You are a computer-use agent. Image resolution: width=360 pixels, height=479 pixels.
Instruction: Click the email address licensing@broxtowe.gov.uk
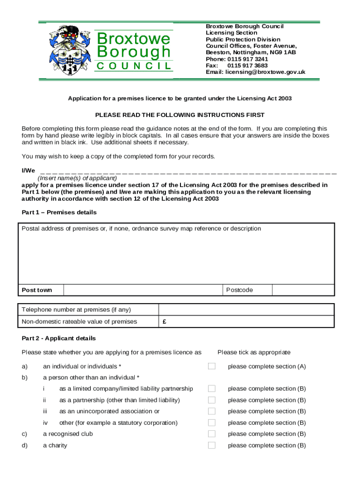coord(255,72)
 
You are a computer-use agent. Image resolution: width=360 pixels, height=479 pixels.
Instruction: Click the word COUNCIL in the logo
coord(134,66)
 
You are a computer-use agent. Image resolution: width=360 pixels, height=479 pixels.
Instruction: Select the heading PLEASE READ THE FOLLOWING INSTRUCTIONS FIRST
coord(180,115)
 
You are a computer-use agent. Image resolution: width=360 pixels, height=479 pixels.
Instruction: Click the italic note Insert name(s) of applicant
coord(77,178)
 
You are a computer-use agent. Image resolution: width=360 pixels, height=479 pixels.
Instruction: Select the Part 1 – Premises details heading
coord(59,212)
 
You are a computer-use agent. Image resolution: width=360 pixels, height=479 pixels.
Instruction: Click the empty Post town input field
coord(142,290)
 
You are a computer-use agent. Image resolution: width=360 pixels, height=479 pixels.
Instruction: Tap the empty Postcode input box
coord(303,290)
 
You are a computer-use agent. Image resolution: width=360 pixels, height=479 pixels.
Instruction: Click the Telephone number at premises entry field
coord(246,310)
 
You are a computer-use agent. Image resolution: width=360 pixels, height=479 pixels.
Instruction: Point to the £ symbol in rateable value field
coord(165,322)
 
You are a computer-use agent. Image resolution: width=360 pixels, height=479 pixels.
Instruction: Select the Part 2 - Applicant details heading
coord(59,338)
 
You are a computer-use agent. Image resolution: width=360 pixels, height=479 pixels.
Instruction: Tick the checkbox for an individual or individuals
coord(212,366)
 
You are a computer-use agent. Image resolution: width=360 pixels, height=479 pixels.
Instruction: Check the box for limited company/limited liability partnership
coord(212,389)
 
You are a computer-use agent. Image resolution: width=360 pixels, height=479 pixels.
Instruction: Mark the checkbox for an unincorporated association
coord(212,411)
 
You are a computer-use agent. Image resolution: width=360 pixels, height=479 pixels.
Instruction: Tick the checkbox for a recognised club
coord(212,434)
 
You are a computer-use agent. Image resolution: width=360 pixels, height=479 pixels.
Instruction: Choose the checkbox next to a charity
coord(212,445)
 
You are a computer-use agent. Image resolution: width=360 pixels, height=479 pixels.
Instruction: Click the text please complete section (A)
coord(266,366)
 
